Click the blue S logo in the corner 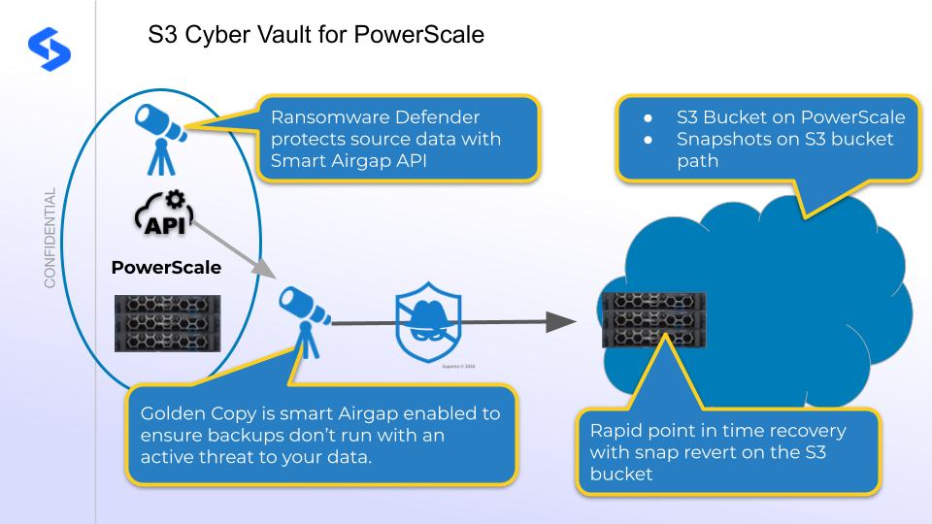tap(44, 45)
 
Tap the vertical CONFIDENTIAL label tap(50, 239)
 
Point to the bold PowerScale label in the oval tap(166, 268)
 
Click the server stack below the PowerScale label tap(167, 321)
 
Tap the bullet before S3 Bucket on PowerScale tap(649, 117)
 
